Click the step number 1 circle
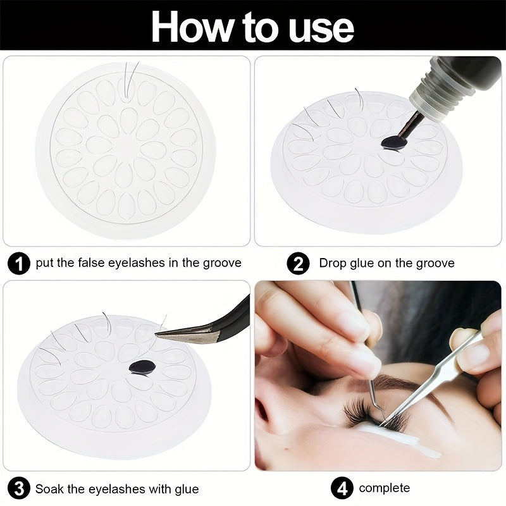20,262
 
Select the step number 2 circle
298,262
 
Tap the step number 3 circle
20,489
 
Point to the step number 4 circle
342,488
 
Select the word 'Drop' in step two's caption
333,262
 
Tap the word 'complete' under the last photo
384,488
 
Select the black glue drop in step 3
142,367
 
